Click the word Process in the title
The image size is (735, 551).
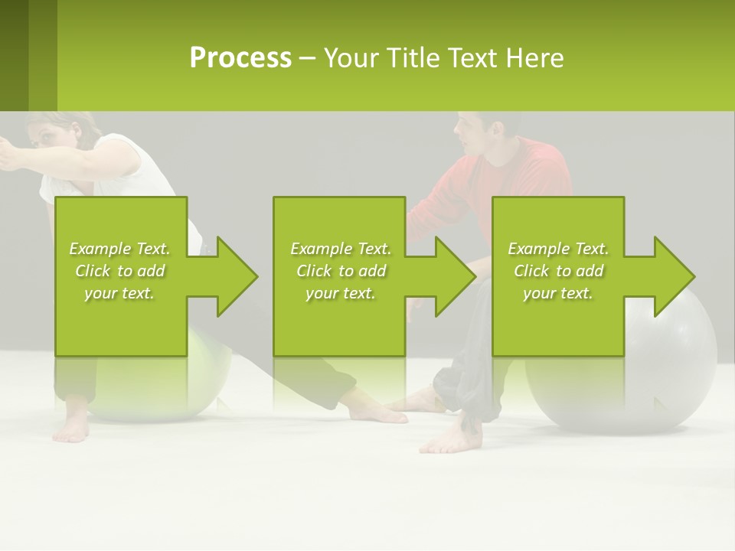[240, 58]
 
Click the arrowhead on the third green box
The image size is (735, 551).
[671, 276]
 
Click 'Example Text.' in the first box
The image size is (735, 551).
[119, 249]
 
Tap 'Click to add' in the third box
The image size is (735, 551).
[558, 271]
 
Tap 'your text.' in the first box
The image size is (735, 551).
[119, 293]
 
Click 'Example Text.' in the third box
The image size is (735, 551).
[558, 249]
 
